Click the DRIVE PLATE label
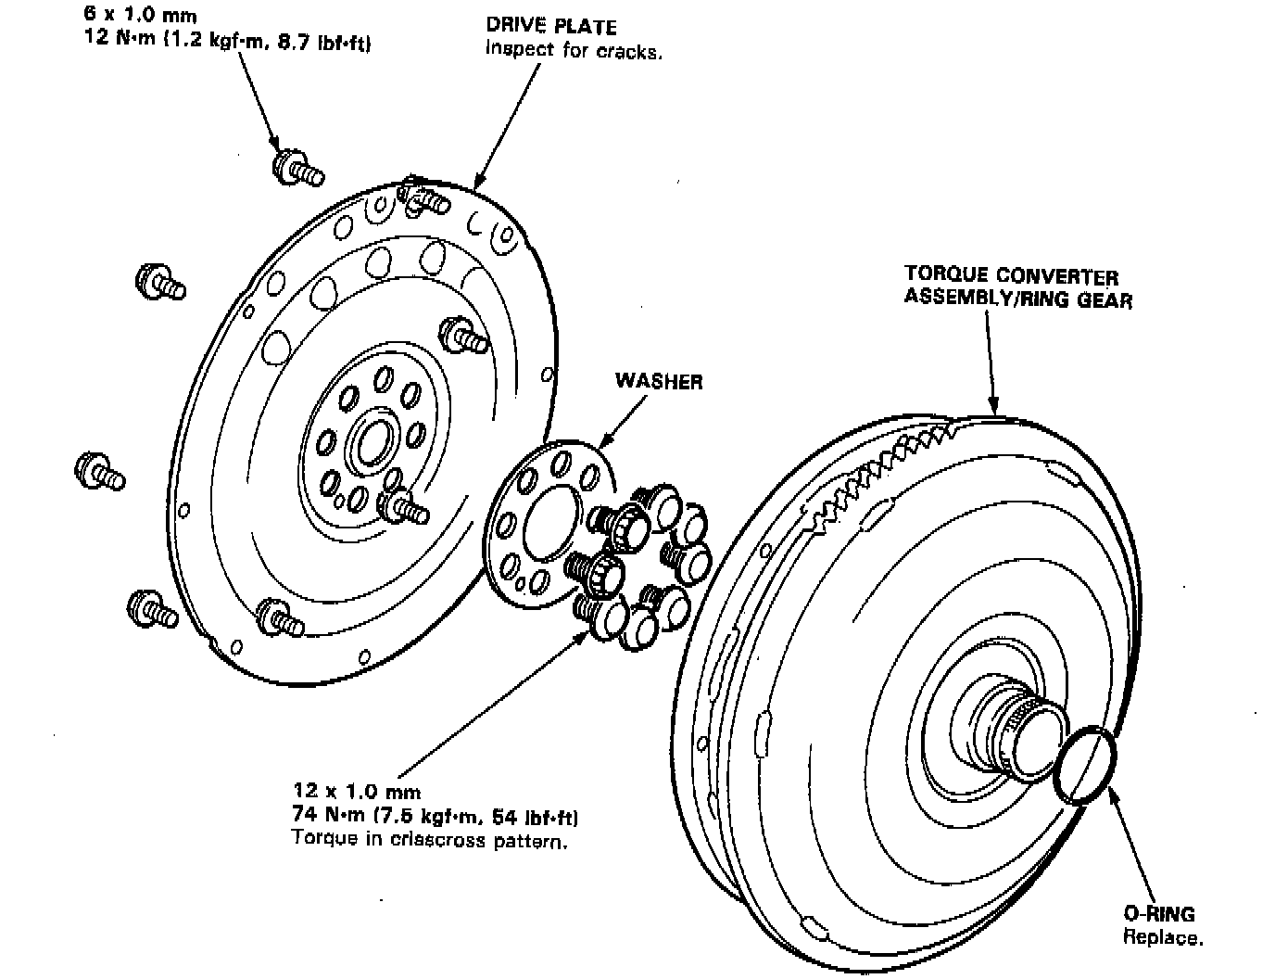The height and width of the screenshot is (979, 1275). [x=550, y=28]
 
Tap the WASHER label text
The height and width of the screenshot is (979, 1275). [x=659, y=381]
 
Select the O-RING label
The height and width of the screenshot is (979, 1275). [x=1158, y=914]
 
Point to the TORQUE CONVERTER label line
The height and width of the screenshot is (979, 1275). [x=1011, y=276]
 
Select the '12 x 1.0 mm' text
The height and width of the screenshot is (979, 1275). [x=357, y=792]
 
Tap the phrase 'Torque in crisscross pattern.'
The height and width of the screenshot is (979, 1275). [x=429, y=840]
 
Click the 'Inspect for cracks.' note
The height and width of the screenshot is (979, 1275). [x=574, y=51]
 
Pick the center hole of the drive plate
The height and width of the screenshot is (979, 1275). [x=375, y=443]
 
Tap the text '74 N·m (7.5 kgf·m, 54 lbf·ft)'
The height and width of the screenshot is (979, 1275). [x=436, y=816]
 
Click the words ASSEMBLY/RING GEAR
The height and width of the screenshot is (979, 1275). [x=1017, y=299]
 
